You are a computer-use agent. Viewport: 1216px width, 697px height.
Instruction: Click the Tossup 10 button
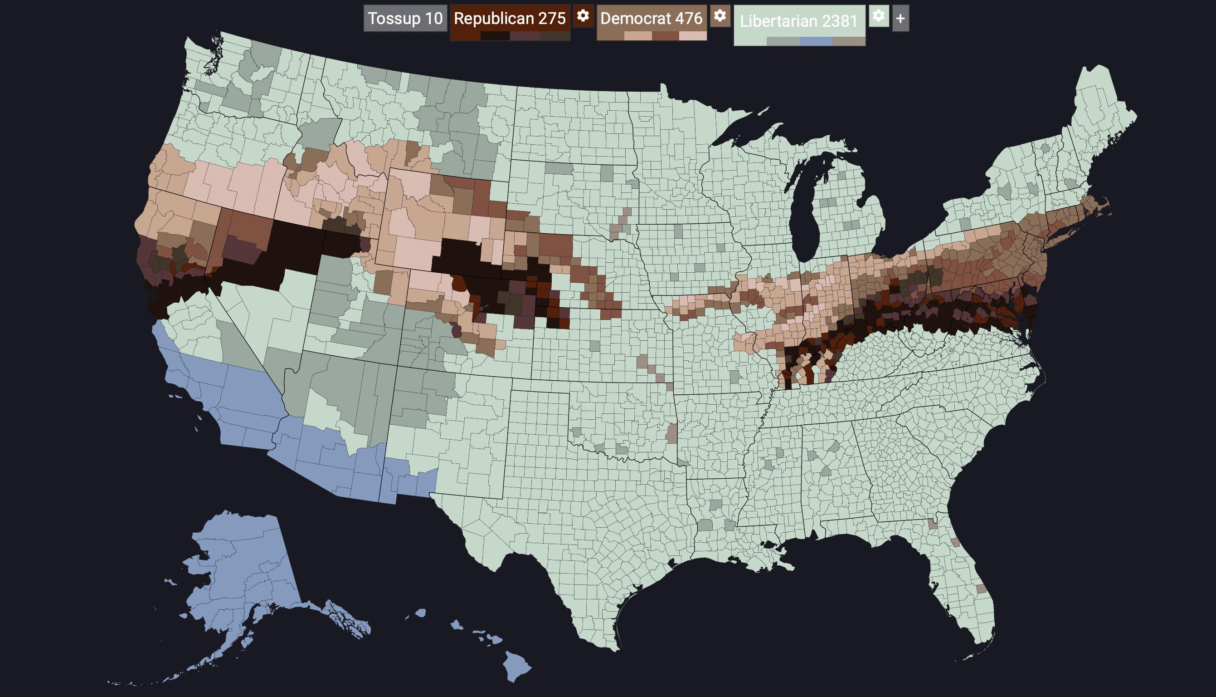pyautogui.click(x=405, y=18)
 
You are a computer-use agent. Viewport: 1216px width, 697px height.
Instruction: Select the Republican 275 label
pyautogui.click(x=509, y=18)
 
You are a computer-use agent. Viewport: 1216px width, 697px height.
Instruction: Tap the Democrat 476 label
pyautogui.click(x=651, y=18)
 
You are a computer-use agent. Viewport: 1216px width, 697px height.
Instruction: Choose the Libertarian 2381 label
pyautogui.click(x=798, y=20)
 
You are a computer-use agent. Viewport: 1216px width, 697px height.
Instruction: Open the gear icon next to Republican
pyautogui.click(x=583, y=16)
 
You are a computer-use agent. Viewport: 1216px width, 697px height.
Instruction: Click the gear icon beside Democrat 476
pyautogui.click(x=720, y=16)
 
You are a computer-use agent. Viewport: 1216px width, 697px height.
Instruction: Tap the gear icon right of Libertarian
pyautogui.click(x=878, y=16)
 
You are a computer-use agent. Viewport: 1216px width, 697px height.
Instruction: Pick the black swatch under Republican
pyautogui.click(x=495, y=36)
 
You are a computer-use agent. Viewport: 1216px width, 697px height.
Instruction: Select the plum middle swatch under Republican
pyautogui.click(x=525, y=36)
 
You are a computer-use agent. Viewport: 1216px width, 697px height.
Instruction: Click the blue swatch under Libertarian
pyautogui.click(x=816, y=42)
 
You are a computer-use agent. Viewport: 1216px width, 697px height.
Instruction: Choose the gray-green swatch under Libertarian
pyautogui.click(x=783, y=42)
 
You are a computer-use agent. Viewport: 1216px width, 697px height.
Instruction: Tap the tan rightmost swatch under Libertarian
pyautogui.click(x=849, y=42)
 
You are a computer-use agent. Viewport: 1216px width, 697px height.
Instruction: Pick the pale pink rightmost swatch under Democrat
pyautogui.click(x=693, y=36)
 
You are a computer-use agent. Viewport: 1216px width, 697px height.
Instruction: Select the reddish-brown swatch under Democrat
pyautogui.click(x=665, y=36)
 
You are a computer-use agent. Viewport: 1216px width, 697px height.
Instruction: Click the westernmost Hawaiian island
pyautogui.click(x=420, y=613)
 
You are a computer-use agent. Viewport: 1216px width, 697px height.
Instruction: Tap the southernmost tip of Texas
pyautogui.click(x=614, y=648)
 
